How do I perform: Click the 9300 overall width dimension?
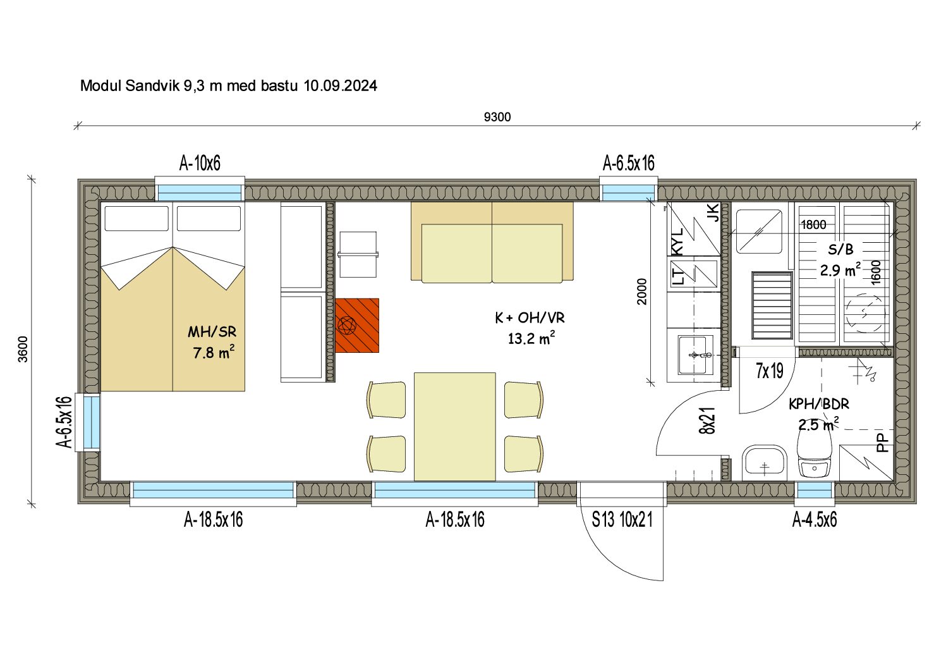497,117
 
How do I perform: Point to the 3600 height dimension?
23,349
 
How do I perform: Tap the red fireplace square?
357,326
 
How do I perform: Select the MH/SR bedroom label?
212,332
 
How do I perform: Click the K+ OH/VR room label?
530,318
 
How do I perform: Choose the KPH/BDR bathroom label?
819,404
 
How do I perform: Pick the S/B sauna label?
840,249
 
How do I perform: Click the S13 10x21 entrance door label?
622,520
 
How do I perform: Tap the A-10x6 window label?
200,163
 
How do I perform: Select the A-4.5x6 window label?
814,520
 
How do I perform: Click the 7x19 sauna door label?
770,371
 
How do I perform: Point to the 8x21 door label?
707,420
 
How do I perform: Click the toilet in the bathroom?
814,455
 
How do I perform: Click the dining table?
455,426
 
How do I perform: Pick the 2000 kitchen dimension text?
641,292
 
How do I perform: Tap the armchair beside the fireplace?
358,254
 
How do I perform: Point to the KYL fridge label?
677,242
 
